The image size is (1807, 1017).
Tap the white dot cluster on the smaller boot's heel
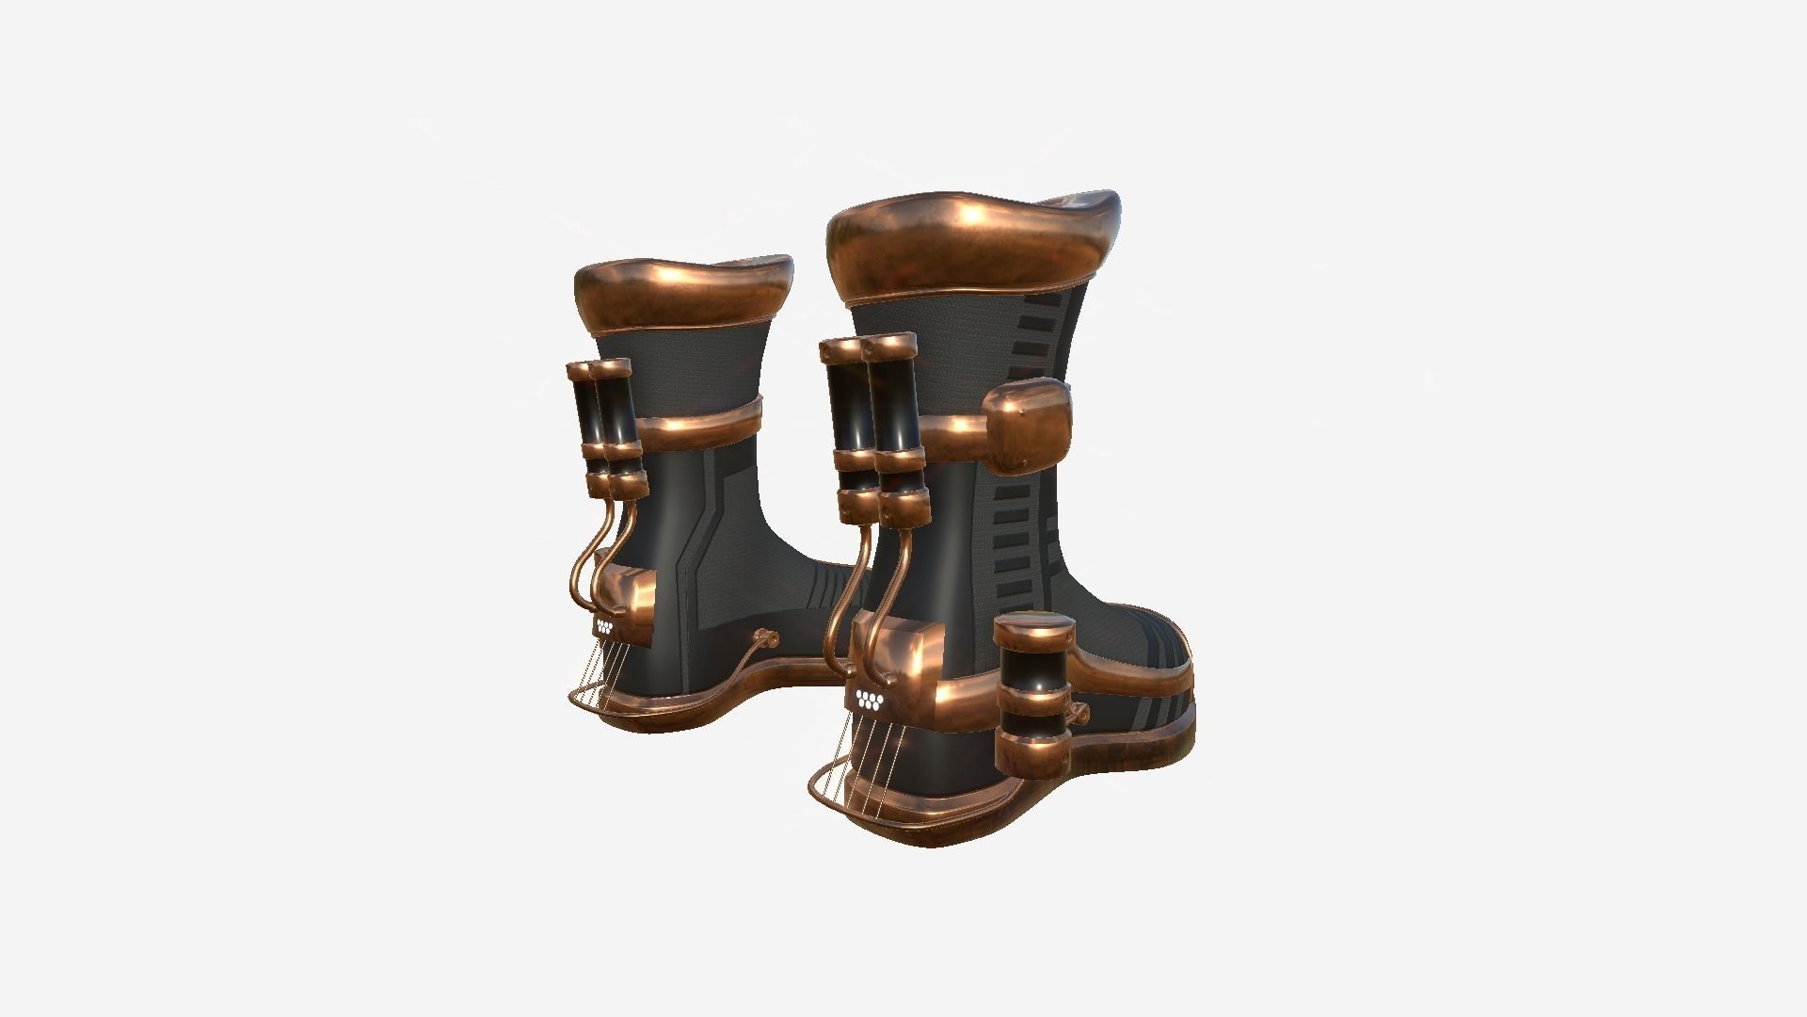(604, 623)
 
